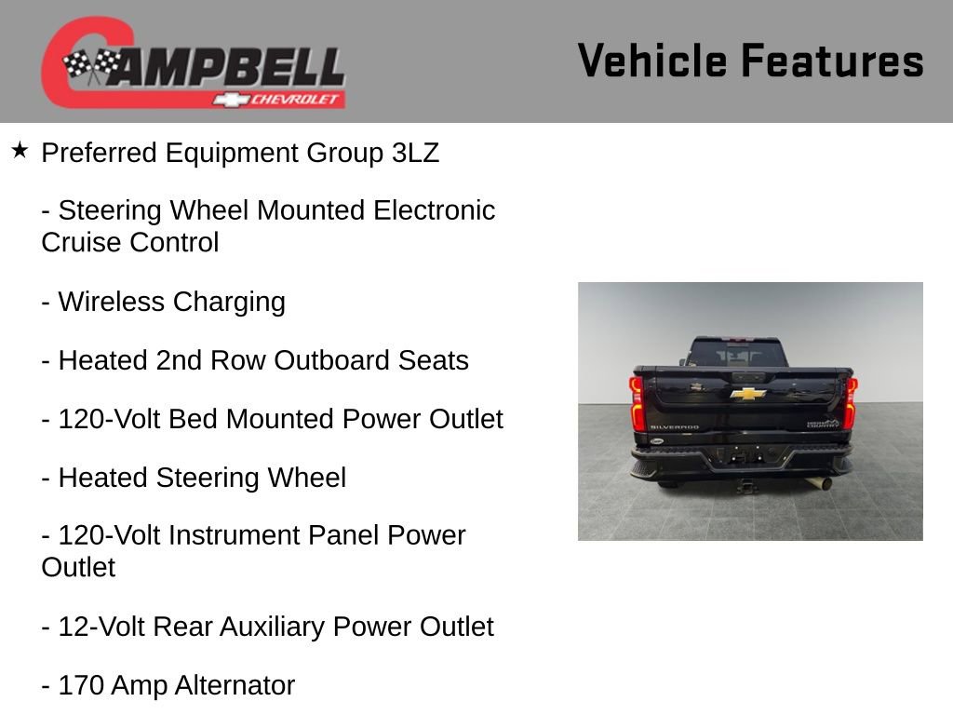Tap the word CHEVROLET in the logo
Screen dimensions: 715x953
pyautogui.click(x=296, y=100)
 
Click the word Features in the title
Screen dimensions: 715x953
pyautogui.click(x=832, y=61)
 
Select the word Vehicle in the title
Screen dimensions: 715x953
pyautogui.click(x=652, y=61)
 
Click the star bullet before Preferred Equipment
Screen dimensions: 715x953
pyautogui.click(x=20, y=150)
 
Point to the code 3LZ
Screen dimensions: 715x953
pyautogui.click(x=414, y=153)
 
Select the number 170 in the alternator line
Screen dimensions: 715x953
pyautogui.click(x=81, y=685)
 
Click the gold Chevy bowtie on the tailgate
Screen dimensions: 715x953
pyautogui.click(x=748, y=394)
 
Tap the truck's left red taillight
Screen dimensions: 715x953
pyautogui.click(x=637, y=402)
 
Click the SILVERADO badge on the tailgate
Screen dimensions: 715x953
pyautogui.click(x=675, y=427)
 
